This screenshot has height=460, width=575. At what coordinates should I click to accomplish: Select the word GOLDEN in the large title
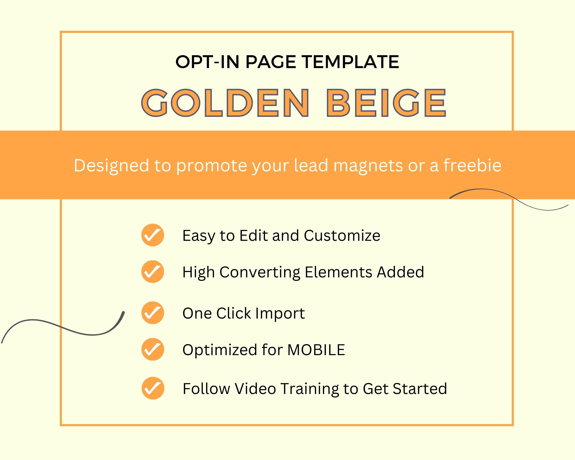tap(226, 103)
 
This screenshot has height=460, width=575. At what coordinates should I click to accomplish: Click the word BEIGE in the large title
tap(386, 103)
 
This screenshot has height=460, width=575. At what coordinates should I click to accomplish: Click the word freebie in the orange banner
tap(472, 165)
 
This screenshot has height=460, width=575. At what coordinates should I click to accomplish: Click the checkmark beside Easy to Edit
tap(153, 235)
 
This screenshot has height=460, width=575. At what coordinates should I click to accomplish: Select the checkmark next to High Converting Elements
tap(153, 271)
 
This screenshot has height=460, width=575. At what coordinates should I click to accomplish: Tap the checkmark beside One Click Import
tap(153, 313)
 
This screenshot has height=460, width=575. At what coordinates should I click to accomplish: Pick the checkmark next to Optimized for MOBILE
tap(153, 349)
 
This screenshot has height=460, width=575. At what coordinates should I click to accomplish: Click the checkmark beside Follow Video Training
tap(153, 388)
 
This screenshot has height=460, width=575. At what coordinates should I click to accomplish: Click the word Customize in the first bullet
tap(342, 236)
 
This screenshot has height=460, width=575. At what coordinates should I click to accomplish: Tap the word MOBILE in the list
tap(316, 350)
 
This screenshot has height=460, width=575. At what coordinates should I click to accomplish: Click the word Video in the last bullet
tap(255, 388)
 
